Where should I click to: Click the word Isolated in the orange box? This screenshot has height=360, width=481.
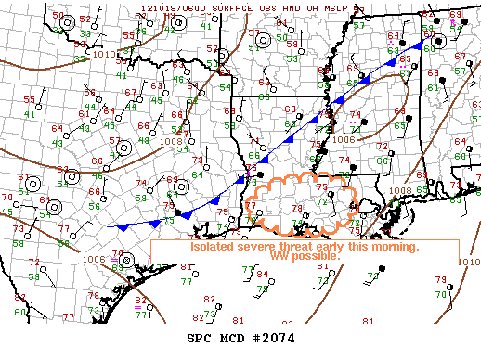tap(212, 247)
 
